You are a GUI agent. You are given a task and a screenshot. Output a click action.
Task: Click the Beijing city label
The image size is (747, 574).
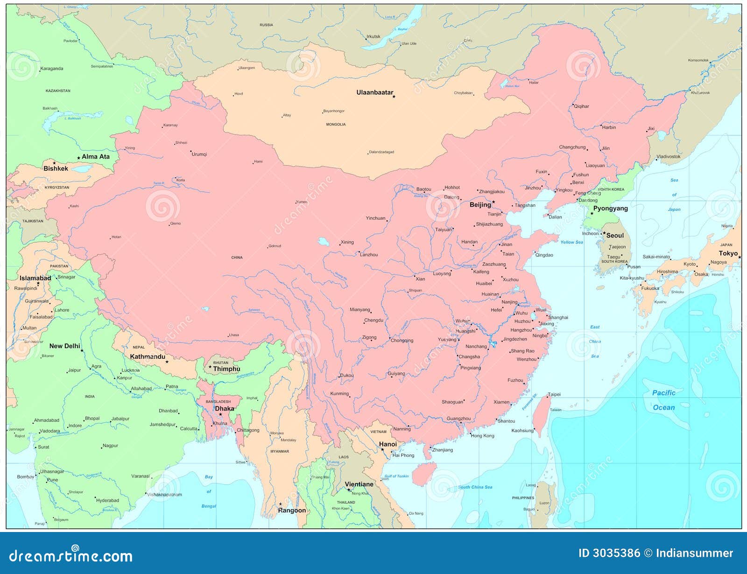(480, 205)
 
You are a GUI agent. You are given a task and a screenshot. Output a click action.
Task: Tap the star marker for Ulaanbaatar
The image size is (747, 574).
(394, 97)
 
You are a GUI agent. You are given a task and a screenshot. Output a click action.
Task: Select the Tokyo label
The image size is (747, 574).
(728, 253)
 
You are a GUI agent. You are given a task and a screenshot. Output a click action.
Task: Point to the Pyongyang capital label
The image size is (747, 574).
(610, 209)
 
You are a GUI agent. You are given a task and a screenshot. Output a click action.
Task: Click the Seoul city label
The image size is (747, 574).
(615, 236)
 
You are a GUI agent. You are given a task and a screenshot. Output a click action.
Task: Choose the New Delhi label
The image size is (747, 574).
(65, 346)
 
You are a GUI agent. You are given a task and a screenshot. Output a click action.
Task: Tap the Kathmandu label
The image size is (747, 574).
(148, 357)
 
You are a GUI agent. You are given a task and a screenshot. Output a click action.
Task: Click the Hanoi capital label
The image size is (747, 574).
(388, 444)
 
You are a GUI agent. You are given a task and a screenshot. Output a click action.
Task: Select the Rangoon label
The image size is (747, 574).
(292, 511)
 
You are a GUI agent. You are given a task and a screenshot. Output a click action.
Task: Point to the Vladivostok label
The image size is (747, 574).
(668, 157)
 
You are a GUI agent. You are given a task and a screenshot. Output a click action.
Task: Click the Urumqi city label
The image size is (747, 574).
(199, 154)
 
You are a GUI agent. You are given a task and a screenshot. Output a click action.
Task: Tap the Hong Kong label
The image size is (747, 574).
(482, 436)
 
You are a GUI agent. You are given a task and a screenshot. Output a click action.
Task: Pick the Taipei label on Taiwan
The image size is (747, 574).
(554, 395)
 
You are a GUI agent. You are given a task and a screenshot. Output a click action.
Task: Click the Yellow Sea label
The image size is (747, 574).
(571, 242)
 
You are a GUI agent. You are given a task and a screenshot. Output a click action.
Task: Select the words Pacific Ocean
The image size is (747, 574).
(663, 400)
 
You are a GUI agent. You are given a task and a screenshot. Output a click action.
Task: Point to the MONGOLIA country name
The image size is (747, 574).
(336, 125)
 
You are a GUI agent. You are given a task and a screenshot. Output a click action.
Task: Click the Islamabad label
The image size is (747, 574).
(35, 278)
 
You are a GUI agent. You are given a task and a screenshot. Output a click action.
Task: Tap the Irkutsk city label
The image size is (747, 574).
(373, 36)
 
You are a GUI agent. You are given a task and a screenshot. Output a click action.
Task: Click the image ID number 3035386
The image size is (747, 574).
(616, 553)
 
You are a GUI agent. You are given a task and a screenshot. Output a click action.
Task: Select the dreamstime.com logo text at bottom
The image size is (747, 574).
(71, 555)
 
